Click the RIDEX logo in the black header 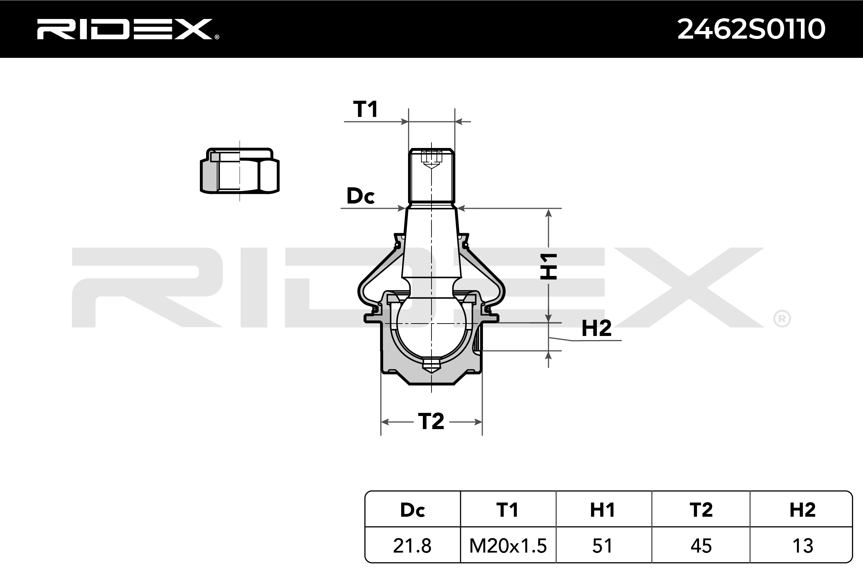point(128,29)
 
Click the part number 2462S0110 point(751,29)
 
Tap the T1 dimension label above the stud point(366,109)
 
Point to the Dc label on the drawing point(361,196)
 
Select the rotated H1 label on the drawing point(549,267)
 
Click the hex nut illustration point(240,171)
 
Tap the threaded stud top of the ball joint point(431,176)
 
